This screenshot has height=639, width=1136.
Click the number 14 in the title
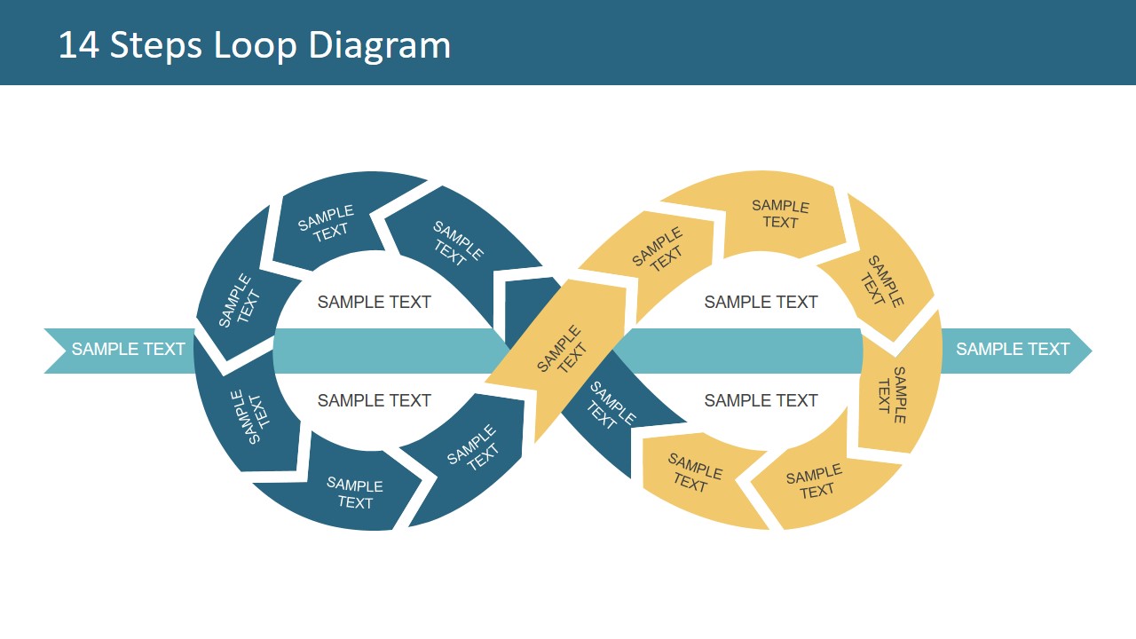click(x=78, y=45)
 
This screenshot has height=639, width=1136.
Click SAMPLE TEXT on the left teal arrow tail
click(x=128, y=350)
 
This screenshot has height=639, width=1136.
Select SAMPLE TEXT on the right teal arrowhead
click(x=1013, y=350)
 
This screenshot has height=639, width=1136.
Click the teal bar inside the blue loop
click(x=382, y=351)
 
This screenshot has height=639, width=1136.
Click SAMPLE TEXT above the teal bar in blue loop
click(x=375, y=303)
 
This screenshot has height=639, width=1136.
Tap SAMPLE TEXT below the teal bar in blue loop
click(x=375, y=401)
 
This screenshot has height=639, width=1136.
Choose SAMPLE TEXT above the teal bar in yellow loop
click(x=761, y=303)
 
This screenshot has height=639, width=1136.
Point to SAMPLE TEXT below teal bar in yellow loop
click(x=761, y=401)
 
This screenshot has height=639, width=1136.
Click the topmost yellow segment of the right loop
click(x=780, y=214)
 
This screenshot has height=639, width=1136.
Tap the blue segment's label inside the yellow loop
click(x=612, y=406)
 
